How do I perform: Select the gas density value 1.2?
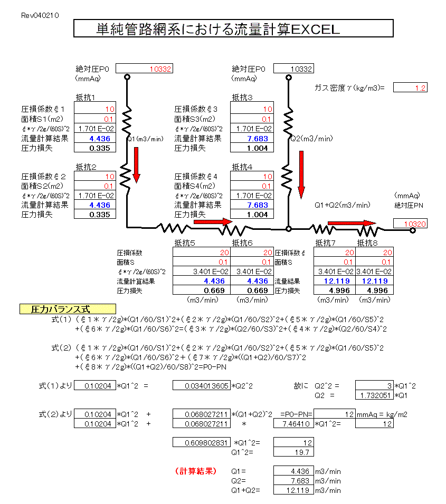click(410, 88)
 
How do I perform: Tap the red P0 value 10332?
click(144, 69)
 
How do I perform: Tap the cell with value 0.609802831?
click(202, 442)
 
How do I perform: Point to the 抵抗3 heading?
click(242, 97)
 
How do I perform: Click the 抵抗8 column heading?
click(367, 243)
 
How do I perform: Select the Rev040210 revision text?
click(40, 16)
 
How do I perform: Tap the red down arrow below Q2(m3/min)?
click(301, 172)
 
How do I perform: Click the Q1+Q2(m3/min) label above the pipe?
click(342, 205)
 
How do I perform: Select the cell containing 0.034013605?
click(202, 385)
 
